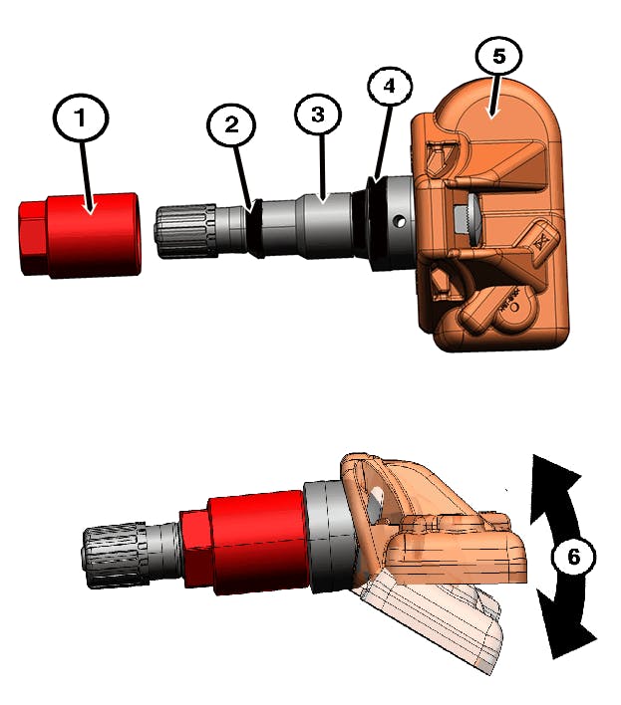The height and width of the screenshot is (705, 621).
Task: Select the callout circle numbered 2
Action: coord(231,124)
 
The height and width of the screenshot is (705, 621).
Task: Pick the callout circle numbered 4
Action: coord(390,87)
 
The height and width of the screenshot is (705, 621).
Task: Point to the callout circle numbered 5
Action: coord(497,56)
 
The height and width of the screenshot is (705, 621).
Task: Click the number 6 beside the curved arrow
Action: coord(573,558)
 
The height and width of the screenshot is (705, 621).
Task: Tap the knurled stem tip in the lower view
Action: coord(114,556)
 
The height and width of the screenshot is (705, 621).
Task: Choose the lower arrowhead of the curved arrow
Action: coord(564,637)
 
